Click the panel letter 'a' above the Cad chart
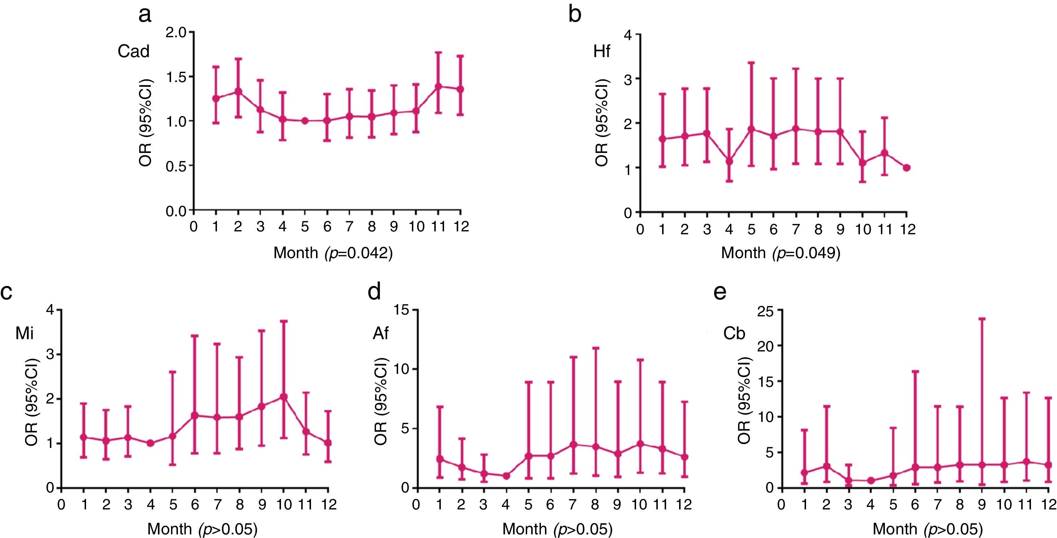coord(145,16)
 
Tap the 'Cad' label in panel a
coord(133,51)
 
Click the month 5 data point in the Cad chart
coord(304,121)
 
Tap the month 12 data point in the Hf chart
coord(907,167)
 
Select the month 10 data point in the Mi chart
coord(283,397)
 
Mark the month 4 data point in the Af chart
coord(506,476)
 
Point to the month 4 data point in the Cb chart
coord(871,481)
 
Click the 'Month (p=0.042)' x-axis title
coord(333,253)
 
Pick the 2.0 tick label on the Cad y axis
coord(176,33)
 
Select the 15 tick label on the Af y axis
coord(402,310)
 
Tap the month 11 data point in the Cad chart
coord(438,86)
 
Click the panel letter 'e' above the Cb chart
coord(720,292)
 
